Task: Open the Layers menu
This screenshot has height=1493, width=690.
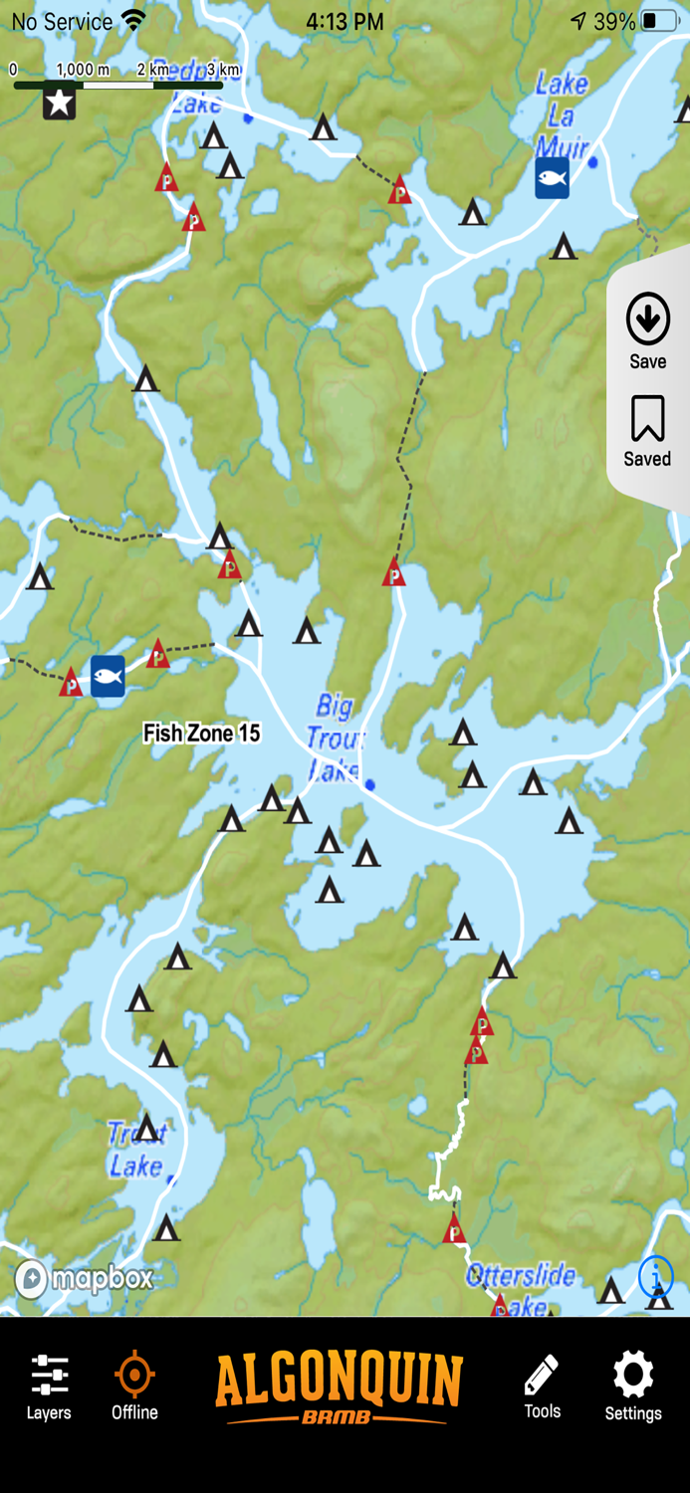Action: coord(49,1386)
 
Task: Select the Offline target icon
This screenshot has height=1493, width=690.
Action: coord(134,1386)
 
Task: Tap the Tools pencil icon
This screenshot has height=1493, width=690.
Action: coord(542,1386)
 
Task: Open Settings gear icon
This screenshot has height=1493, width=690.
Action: coord(633,1386)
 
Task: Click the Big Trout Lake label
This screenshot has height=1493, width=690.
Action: coord(335,738)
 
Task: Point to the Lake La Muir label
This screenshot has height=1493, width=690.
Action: coord(562,115)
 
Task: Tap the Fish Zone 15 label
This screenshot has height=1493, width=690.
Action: coord(202,734)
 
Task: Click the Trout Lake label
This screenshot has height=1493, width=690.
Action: coord(136,1150)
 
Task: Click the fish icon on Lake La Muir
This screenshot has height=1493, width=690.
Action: coord(552,178)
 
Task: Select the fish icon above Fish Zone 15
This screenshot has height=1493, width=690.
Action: coord(108,676)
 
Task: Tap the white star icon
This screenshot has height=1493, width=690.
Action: coord(60,103)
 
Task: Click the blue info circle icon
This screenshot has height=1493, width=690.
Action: coord(655,1275)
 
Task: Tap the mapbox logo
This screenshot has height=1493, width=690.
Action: coord(85,1278)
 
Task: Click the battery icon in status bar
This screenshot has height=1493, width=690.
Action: coord(658,21)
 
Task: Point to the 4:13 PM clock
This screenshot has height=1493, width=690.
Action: coord(345,21)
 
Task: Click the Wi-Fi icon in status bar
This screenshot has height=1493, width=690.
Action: coord(132,20)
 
